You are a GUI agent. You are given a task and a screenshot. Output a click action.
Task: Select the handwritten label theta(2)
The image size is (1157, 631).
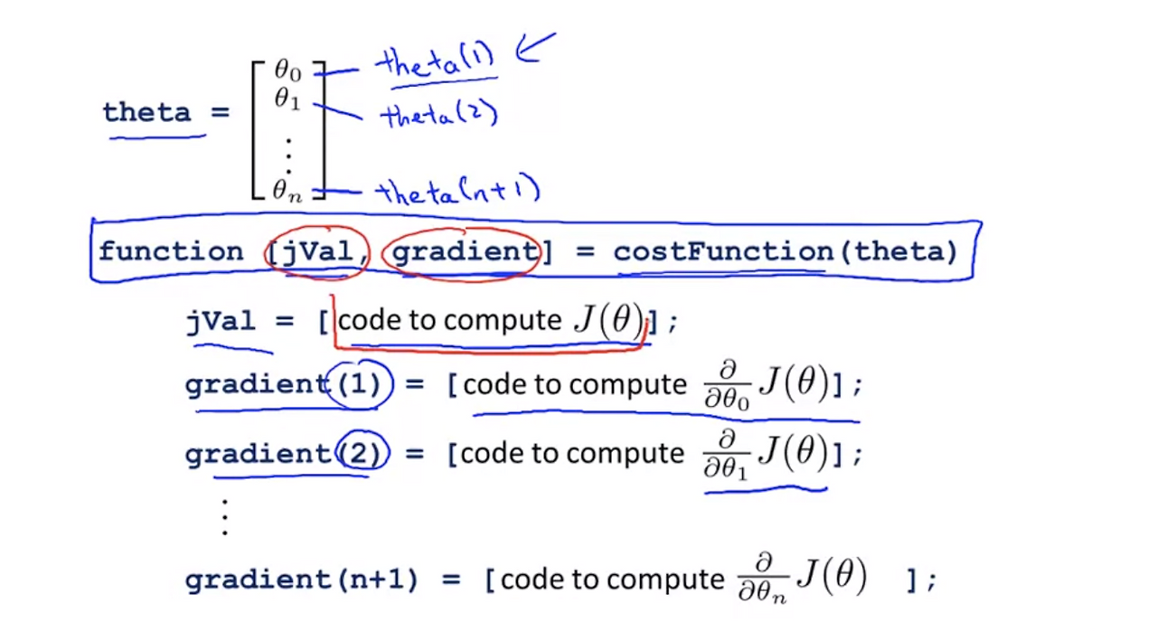(439, 114)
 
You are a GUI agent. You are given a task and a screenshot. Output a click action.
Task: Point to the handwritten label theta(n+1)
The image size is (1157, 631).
(457, 190)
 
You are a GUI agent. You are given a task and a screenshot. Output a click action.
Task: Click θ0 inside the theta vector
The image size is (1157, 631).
(287, 71)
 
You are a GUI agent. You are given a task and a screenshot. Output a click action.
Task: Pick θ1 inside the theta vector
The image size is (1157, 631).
(287, 99)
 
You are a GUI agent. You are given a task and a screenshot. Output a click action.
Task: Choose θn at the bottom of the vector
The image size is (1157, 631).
(287, 191)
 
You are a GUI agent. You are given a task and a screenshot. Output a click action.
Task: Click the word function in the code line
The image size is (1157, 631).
(171, 252)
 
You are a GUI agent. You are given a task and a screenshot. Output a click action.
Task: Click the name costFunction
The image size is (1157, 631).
(723, 252)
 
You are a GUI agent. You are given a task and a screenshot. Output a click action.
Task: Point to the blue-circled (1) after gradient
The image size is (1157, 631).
(360, 384)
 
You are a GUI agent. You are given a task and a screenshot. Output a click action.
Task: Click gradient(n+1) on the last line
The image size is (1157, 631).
(301, 579)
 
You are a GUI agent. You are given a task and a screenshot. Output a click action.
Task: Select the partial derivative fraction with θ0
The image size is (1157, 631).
(728, 385)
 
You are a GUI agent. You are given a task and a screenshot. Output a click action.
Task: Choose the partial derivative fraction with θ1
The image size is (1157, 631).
(726, 455)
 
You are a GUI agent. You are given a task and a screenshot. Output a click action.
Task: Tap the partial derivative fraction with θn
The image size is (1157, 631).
(762, 579)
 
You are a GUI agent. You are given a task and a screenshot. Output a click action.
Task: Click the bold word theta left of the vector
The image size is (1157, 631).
(146, 113)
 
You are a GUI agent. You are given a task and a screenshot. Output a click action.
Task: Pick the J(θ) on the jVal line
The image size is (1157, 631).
(609, 319)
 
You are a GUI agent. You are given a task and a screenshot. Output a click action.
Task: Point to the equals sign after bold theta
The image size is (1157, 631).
(220, 111)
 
